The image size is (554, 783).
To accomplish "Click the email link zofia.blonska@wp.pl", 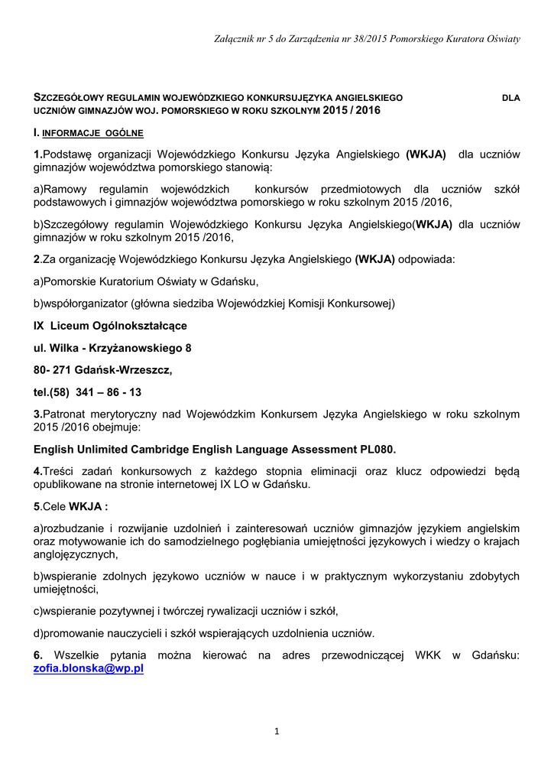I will pyautogui.click(x=89, y=668).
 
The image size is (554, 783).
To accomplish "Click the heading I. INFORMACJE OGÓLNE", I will pyautogui.click(x=88, y=133).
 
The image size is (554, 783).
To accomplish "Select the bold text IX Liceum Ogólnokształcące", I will pyautogui.click(x=110, y=326).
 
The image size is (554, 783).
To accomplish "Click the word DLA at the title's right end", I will pyautogui.click(x=510, y=99).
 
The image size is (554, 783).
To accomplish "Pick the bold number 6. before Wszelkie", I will pyautogui.click(x=38, y=655).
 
